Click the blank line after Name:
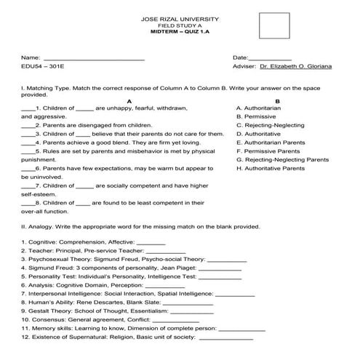click(x=94, y=58)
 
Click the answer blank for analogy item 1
click(x=151, y=242)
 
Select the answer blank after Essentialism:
click(x=206, y=312)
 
